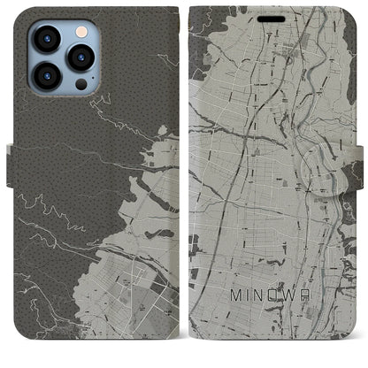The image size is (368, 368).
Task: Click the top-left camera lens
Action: coord(47,40)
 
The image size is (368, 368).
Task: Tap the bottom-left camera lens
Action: coord(47,77)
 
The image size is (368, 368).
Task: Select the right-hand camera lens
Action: coord(80,58)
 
